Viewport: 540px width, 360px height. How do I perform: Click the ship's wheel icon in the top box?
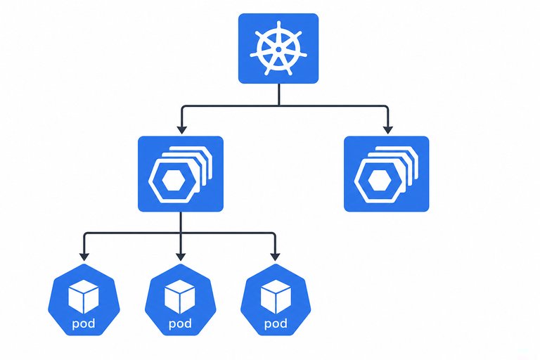[x=278, y=49]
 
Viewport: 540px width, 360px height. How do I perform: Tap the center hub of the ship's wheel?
[x=278, y=50]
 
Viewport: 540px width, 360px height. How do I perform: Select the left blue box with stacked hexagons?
[x=181, y=174]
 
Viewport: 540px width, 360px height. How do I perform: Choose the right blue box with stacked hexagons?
[x=387, y=174]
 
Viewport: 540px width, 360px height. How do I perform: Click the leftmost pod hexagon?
[x=84, y=300]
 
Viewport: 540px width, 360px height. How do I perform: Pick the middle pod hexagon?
[x=181, y=300]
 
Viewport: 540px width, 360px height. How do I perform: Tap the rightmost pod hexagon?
[x=276, y=300]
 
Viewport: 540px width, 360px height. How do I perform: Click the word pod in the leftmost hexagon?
[x=84, y=324]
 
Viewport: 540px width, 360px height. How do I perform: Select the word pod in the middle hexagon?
[x=180, y=324]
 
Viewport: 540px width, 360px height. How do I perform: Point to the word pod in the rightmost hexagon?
[x=276, y=324]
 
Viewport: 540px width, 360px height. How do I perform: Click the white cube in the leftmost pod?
[x=84, y=297]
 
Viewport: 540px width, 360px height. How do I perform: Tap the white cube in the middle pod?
[x=180, y=297]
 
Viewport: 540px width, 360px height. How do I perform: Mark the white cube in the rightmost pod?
[x=276, y=297]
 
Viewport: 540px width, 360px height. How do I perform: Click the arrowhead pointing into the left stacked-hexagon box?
[x=182, y=130]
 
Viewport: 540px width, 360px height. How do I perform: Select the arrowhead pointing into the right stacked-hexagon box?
[x=388, y=130]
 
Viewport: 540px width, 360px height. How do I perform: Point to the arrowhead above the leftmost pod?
[x=84, y=257]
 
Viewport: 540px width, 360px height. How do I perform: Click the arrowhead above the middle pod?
[x=181, y=257]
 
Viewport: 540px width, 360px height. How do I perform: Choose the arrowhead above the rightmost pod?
[x=275, y=257]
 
